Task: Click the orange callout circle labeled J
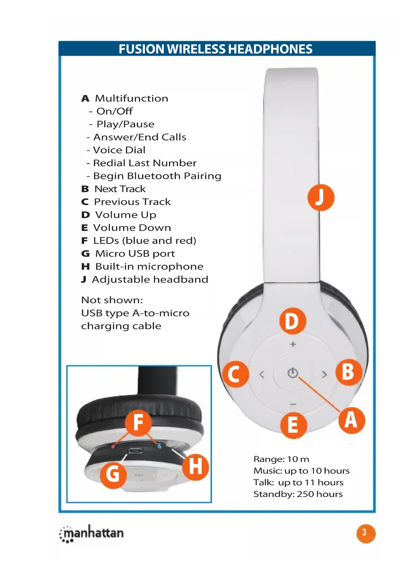click(x=321, y=197)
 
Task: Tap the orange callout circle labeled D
click(x=292, y=321)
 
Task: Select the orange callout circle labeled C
click(x=235, y=374)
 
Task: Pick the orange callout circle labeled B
click(x=348, y=372)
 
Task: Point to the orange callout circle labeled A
click(x=352, y=420)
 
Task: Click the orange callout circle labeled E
click(x=293, y=425)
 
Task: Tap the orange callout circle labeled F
click(x=138, y=422)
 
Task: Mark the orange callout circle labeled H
click(x=195, y=467)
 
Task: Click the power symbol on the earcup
click(x=293, y=373)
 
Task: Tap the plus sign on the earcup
click(x=293, y=345)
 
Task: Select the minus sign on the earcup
click(x=293, y=404)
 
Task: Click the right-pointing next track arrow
click(x=324, y=374)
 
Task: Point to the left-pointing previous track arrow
click(x=262, y=374)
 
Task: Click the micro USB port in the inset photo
click(x=135, y=450)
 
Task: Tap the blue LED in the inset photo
click(x=159, y=446)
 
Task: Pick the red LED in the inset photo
click(x=113, y=446)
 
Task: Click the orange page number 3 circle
click(x=366, y=533)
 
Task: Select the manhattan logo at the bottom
click(x=92, y=533)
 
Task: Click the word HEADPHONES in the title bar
click(x=270, y=49)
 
